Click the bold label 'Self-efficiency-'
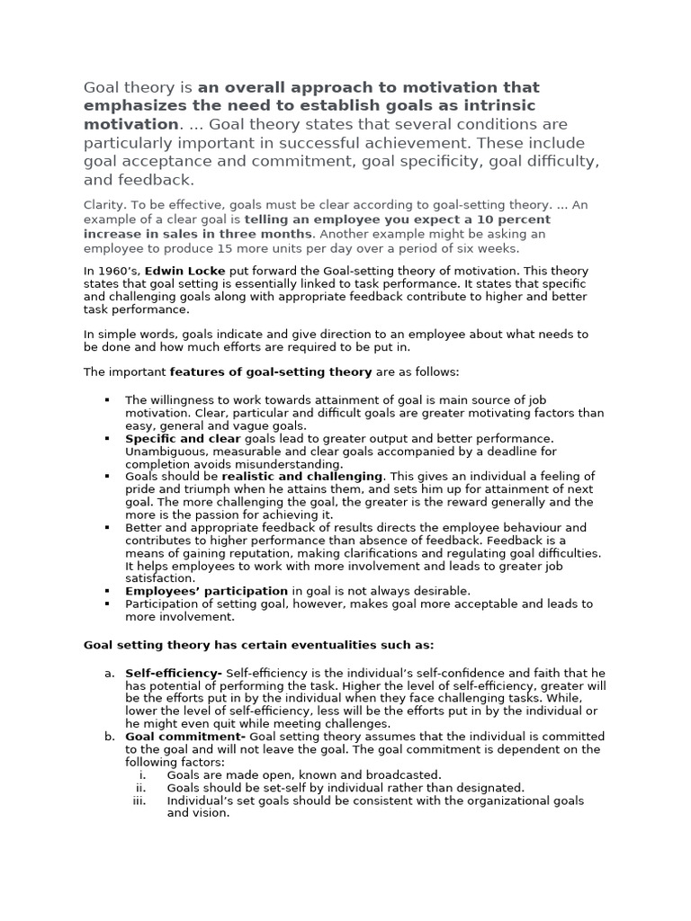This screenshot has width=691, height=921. pyautogui.click(x=174, y=673)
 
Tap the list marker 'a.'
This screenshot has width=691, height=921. pyautogui.click(x=109, y=673)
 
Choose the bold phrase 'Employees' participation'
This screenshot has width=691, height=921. pyautogui.click(x=206, y=591)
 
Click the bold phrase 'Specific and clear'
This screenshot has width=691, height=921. pyautogui.click(x=183, y=438)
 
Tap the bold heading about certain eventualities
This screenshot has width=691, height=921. pyautogui.click(x=259, y=645)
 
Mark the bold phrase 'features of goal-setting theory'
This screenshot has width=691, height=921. pyautogui.click(x=270, y=371)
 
